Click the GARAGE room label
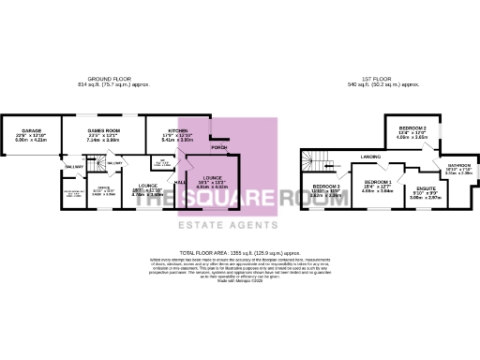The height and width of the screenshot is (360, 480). (x=31, y=131)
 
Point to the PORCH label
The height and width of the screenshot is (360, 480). (x=219, y=148)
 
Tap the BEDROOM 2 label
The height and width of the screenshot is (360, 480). (x=412, y=127)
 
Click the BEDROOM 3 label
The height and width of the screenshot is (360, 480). (x=325, y=187)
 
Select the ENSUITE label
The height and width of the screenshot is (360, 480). (x=426, y=189)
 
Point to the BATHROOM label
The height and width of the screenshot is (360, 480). (x=457, y=165)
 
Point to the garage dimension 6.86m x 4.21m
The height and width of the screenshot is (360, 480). (x=31, y=140)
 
